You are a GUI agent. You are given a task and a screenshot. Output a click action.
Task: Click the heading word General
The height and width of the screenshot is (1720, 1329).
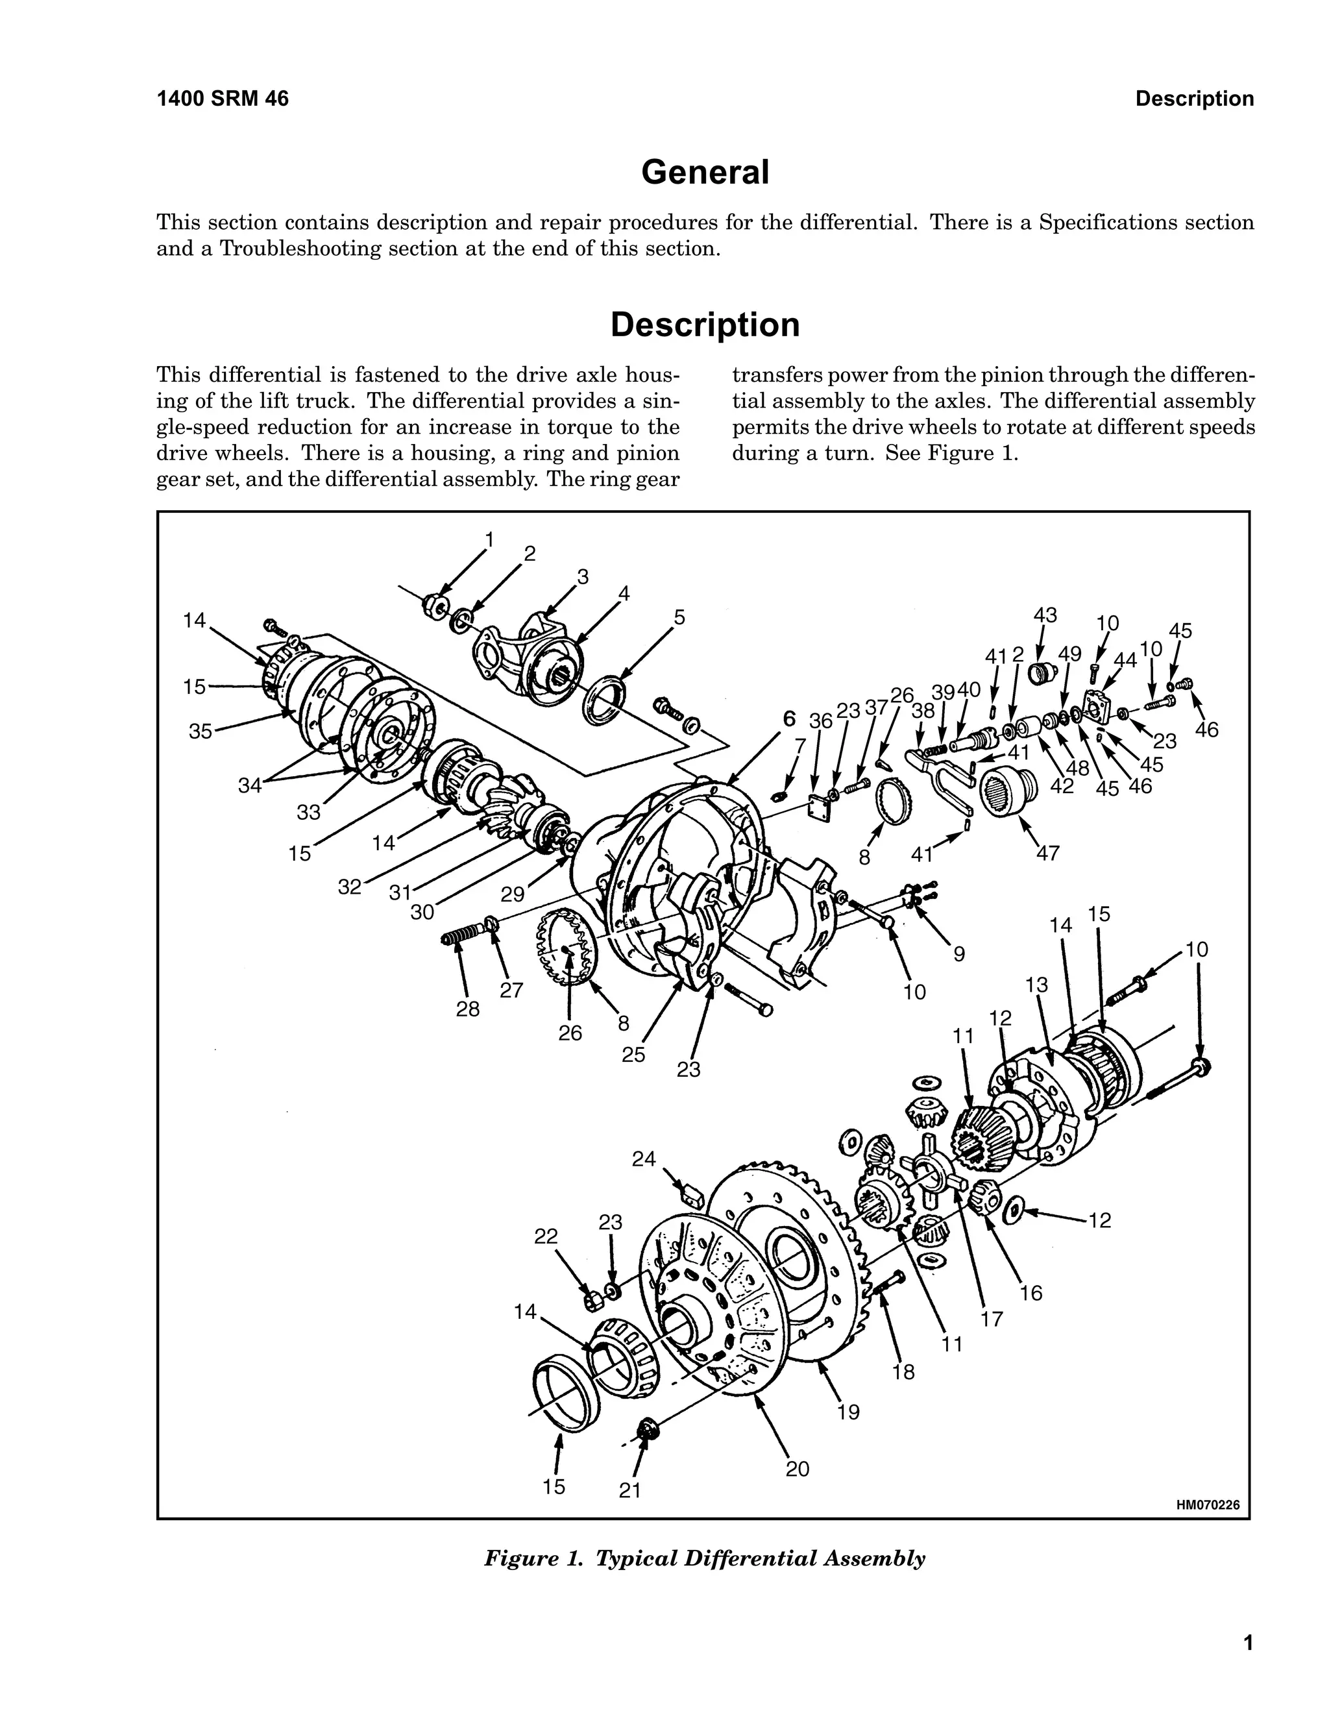point(705,173)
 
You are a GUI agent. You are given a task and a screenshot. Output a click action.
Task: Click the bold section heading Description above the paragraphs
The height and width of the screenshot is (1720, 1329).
point(705,325)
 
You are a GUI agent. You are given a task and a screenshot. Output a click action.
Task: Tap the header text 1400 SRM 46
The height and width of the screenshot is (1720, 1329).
point(223,99)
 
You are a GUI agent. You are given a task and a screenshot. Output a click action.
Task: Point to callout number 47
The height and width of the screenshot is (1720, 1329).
point(1048,853)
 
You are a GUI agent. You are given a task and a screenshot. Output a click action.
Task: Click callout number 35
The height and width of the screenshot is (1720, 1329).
point(200,731)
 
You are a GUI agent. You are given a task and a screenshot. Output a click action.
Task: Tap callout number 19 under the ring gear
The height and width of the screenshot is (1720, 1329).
point(848,1412)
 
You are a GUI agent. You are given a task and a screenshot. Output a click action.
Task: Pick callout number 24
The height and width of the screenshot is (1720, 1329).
point(643,1159)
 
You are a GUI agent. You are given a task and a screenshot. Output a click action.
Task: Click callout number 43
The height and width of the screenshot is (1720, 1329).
point(1045,615)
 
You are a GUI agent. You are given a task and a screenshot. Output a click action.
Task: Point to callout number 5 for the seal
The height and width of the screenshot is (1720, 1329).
point(679,617)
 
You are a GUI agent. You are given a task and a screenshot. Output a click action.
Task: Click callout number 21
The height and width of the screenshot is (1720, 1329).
point(630,1490)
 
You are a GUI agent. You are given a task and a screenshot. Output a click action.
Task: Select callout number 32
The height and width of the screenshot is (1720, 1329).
point(350,887)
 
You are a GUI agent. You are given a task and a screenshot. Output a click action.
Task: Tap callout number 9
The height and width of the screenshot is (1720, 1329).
point(959,953)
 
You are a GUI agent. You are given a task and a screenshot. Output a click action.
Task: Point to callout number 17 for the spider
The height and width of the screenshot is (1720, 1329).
point(992,1318)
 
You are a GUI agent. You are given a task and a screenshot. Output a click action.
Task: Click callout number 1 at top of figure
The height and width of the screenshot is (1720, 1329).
point(489,539)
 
